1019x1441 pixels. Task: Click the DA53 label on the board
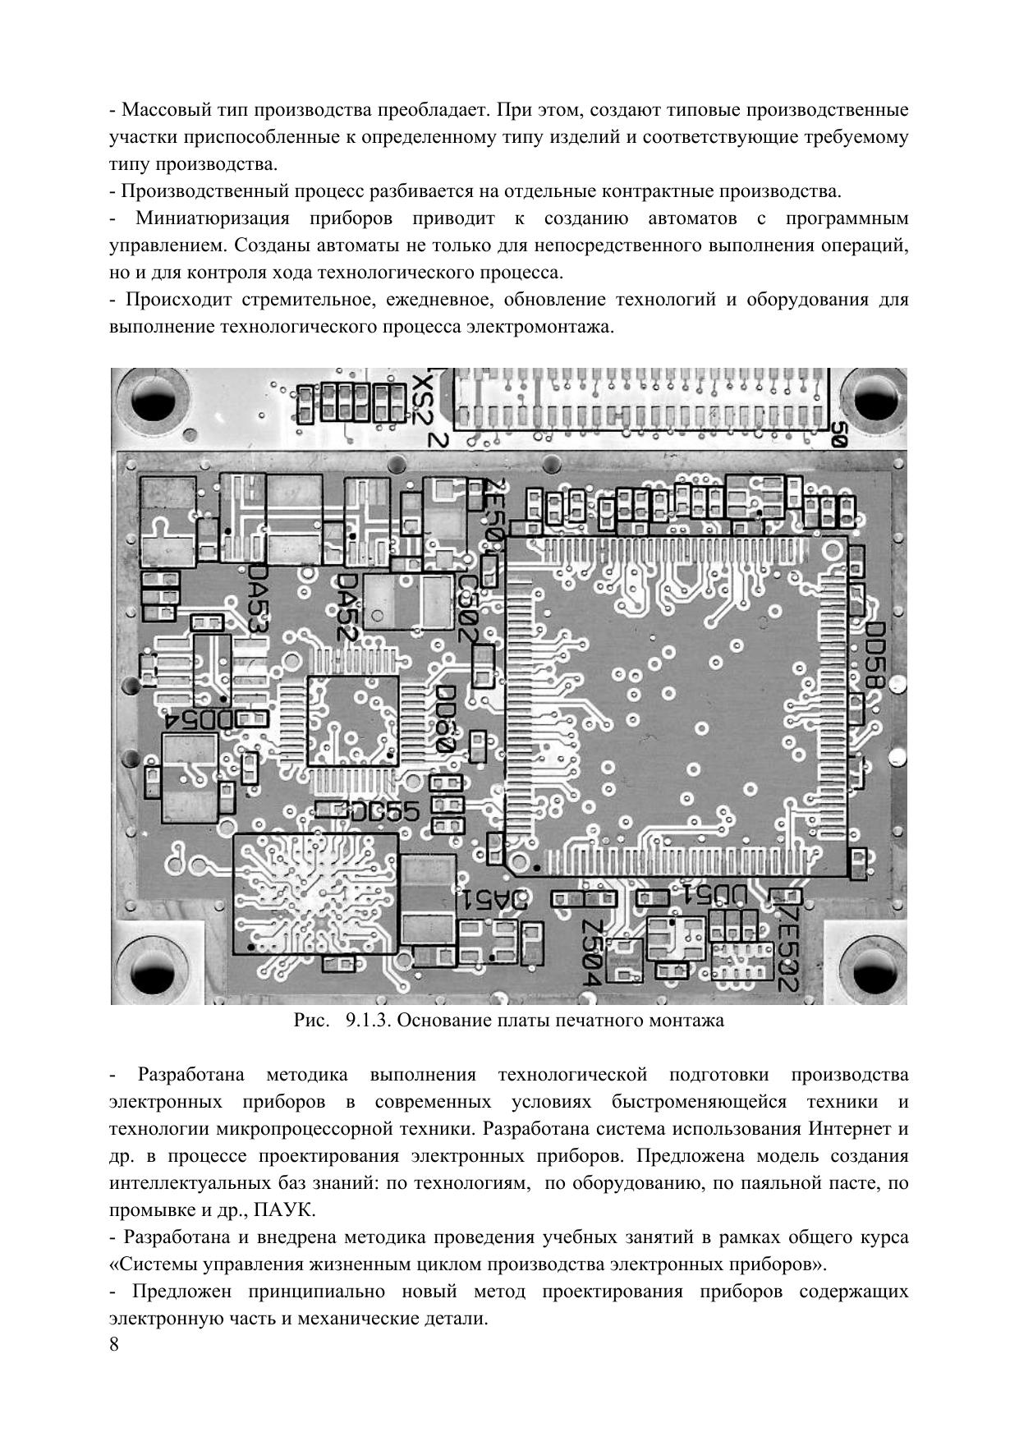[259, 597]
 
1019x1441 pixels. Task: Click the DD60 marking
[445, 719]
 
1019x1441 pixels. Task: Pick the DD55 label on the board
[385, 812]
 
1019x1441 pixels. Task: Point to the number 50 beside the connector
[838, 434]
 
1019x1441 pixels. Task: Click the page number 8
[113, 1344]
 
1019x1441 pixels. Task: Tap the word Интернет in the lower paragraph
[849, 1128]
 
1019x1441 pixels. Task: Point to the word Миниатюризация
[213, 218]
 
